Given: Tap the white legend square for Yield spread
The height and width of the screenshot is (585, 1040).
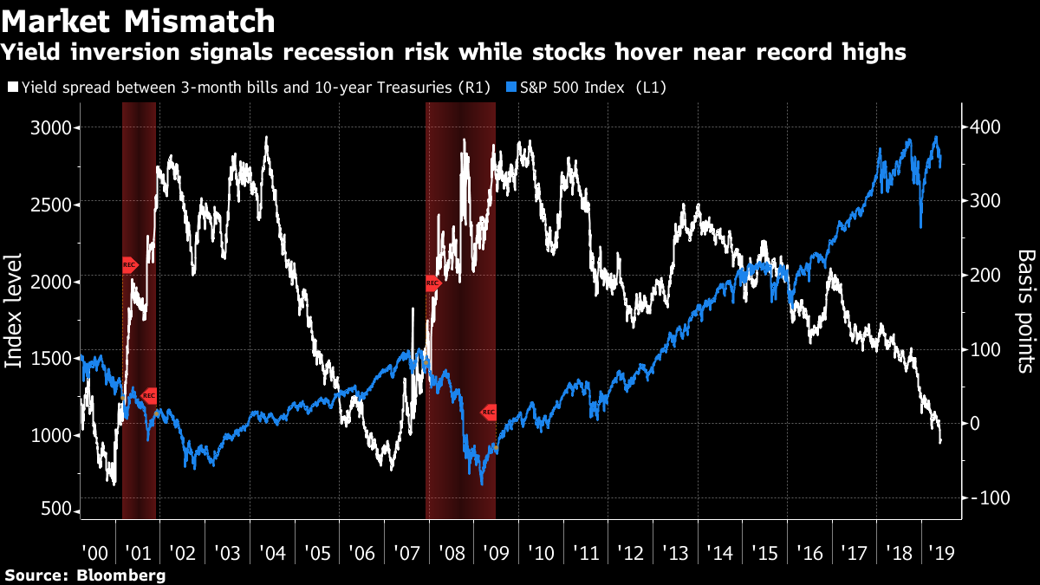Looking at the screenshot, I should (x=12, y=87).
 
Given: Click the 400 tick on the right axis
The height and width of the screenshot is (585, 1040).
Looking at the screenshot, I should (x=984, y=127).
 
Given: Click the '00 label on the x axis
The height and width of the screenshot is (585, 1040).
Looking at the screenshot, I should (x=94, y=553).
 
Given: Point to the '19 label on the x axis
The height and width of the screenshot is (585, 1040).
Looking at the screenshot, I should (x=939, y=553).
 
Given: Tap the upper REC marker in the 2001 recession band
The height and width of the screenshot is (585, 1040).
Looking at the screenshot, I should (x=129, y=264).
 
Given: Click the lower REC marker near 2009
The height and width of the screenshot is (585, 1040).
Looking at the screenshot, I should (x=489, y=412).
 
